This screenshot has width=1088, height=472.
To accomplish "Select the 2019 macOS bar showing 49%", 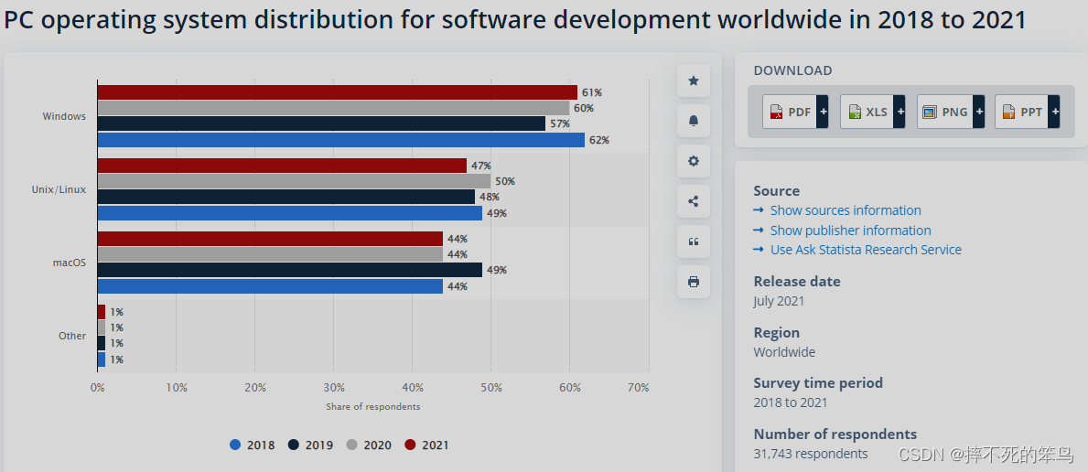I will click(x=289, y=270).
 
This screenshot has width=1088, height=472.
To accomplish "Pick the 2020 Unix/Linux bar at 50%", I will click(x=294, y=181).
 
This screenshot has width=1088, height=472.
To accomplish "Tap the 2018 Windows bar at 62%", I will click(x=340, y=140).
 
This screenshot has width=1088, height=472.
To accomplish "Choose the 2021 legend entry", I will click(x=426, y=445).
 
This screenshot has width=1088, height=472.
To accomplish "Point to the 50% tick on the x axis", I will click(x=491, y=388).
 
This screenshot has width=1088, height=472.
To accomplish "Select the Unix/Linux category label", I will click(x=59, y=189).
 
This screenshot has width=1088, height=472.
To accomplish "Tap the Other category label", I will click(x=72, y=336).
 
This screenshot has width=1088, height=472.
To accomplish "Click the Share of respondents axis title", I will click(x=372, y=406).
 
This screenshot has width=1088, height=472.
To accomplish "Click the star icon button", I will click(x=693, y=81).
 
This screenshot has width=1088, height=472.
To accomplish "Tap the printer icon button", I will click(x=693, y=282).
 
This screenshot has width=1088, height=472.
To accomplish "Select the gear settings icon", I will click(x=693, y=161).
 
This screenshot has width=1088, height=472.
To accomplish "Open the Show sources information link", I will click(x=845, y=210).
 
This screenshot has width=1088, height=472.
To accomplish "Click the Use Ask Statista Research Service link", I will click(x=865, y=250).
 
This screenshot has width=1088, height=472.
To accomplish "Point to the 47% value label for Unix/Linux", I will click(x=480, y=166).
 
